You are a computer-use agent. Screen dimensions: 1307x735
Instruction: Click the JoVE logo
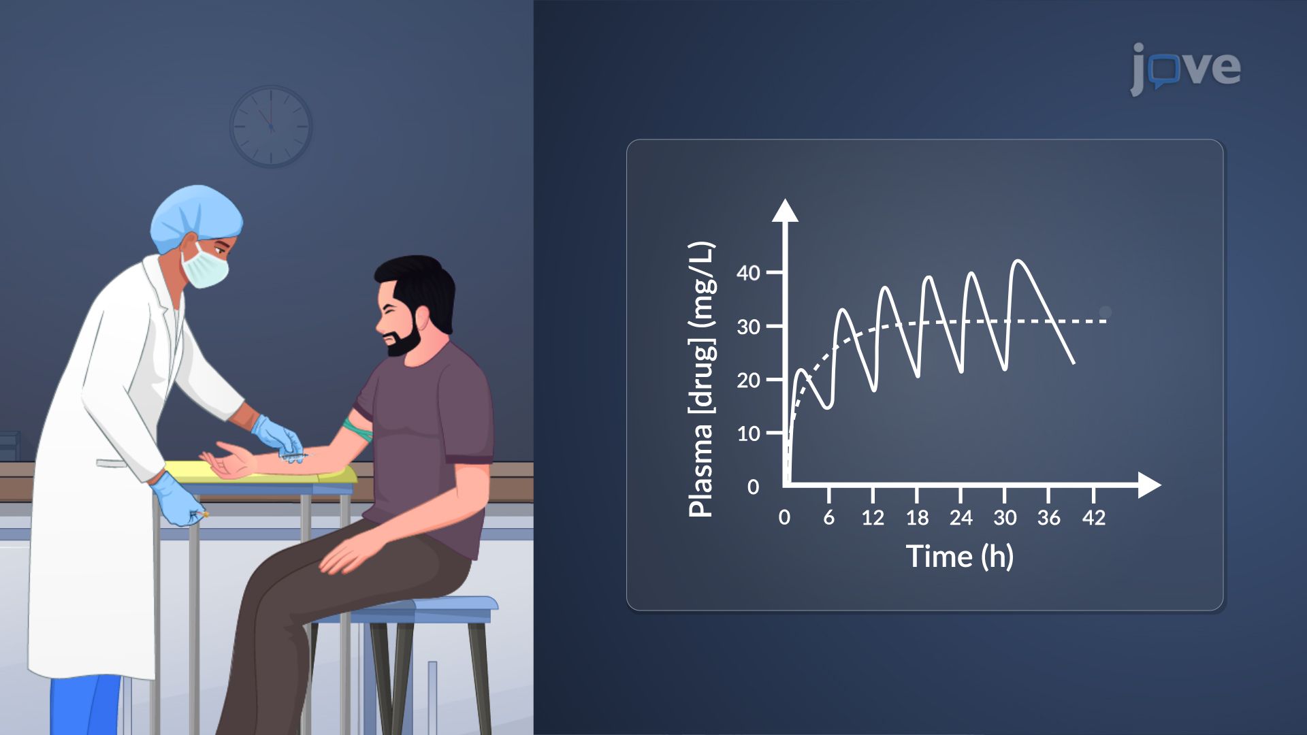click(x=1186, y=68)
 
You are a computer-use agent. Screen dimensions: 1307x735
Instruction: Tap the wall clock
click(x=271, y=127)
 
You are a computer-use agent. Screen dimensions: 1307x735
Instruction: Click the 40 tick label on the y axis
click(x=748, y=273)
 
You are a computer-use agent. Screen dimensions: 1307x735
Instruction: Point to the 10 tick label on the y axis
click(x=748, y=434)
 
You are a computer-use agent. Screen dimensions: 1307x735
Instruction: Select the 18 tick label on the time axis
click(x=917, y=518)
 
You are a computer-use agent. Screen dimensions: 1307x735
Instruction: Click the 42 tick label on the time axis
click(x=1093, y=518)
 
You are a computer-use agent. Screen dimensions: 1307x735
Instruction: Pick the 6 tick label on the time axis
click(x=828, y=518)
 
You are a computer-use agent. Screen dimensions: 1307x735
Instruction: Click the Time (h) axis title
click(x=959, y=557)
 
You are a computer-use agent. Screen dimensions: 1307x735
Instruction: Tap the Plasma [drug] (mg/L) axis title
click(x=701, y=379)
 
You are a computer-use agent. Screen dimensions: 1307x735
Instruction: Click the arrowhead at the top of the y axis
click(x=785, y=210)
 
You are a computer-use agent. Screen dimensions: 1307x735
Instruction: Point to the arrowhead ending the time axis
click(x=1149, y=485)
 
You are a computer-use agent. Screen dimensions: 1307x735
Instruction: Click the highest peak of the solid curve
click(x=1018, y=261)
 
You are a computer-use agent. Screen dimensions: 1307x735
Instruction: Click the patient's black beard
click(x=406, y=335)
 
